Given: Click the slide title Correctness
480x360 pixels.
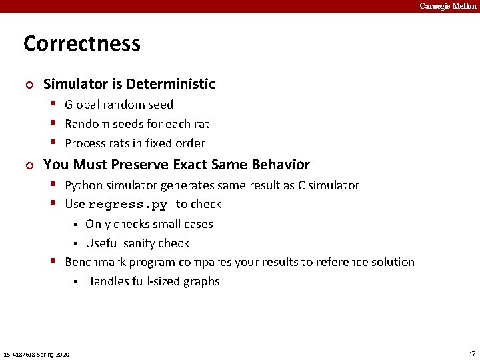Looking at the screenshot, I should pos(82,44).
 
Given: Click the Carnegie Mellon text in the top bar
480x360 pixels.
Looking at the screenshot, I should pos(447,6).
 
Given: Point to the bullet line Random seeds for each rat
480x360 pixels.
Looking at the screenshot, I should pos(137,124).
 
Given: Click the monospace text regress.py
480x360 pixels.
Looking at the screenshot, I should pos(127,205).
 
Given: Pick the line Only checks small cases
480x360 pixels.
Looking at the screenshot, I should pos(149,224).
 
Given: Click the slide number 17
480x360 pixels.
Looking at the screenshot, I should pos(472,353).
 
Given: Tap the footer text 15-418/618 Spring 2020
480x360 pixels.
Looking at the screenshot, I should pos(37,353).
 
